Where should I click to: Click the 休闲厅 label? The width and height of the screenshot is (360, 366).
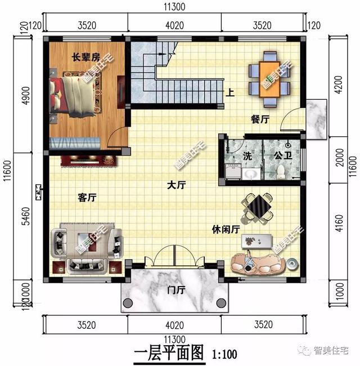click(x=226, y=230)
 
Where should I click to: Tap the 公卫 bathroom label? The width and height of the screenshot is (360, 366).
click(x=282, y=155)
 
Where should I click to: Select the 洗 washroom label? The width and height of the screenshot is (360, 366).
click(x=247, y=156)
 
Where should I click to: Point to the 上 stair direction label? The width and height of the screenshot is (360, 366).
click(x=229, y=93)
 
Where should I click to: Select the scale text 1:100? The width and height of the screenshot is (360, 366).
click(x=224, y=355)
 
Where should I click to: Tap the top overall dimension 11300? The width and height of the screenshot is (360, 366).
click(x=175, y=7)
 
